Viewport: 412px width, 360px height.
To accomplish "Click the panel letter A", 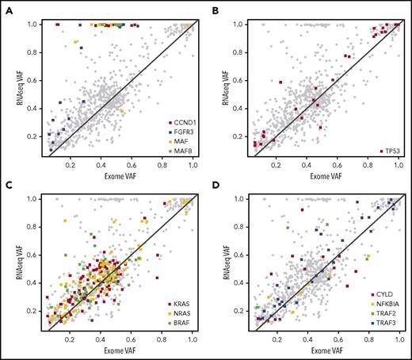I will [x=6, y=6].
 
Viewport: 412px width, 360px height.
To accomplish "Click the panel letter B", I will [x=215, y=6].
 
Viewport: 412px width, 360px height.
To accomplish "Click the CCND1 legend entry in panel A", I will [x=178, y=121].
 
